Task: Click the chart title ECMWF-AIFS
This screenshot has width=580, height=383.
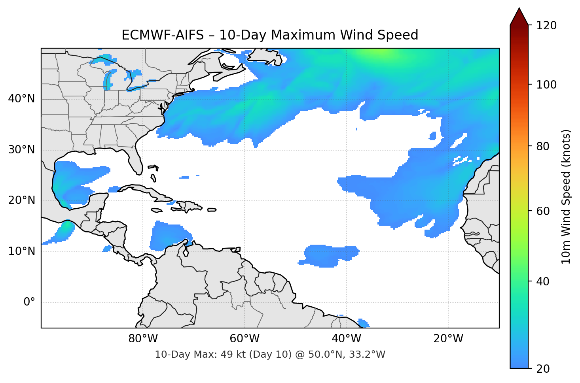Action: [x=270, y=35]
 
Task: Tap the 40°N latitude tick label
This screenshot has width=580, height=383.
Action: [x=21, y=99]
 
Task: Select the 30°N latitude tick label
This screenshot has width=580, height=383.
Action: [x=21, y=150]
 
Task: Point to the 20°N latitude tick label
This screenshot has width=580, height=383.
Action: [x=21, y=200]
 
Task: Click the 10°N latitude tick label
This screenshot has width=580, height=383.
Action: [x=21, y=251]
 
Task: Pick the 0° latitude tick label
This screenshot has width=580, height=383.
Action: [x=29, y=302]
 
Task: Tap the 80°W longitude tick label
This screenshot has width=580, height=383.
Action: [x=143, y=339]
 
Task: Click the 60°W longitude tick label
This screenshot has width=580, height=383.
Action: [x=245, y=339]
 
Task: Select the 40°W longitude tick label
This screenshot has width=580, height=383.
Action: [x=346, y=339]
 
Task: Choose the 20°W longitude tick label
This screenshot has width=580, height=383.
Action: [x=448, y=339]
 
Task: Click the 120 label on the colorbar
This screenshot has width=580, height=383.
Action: [x=546, y=26]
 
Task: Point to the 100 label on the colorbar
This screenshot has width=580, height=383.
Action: [x=546, y=85]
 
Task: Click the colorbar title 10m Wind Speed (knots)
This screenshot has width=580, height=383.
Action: [x=566, y=196]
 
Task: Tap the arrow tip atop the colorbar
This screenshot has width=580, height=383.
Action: [x=519, y=9]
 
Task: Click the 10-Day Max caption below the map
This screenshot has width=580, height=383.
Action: [x=270, y=355]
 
